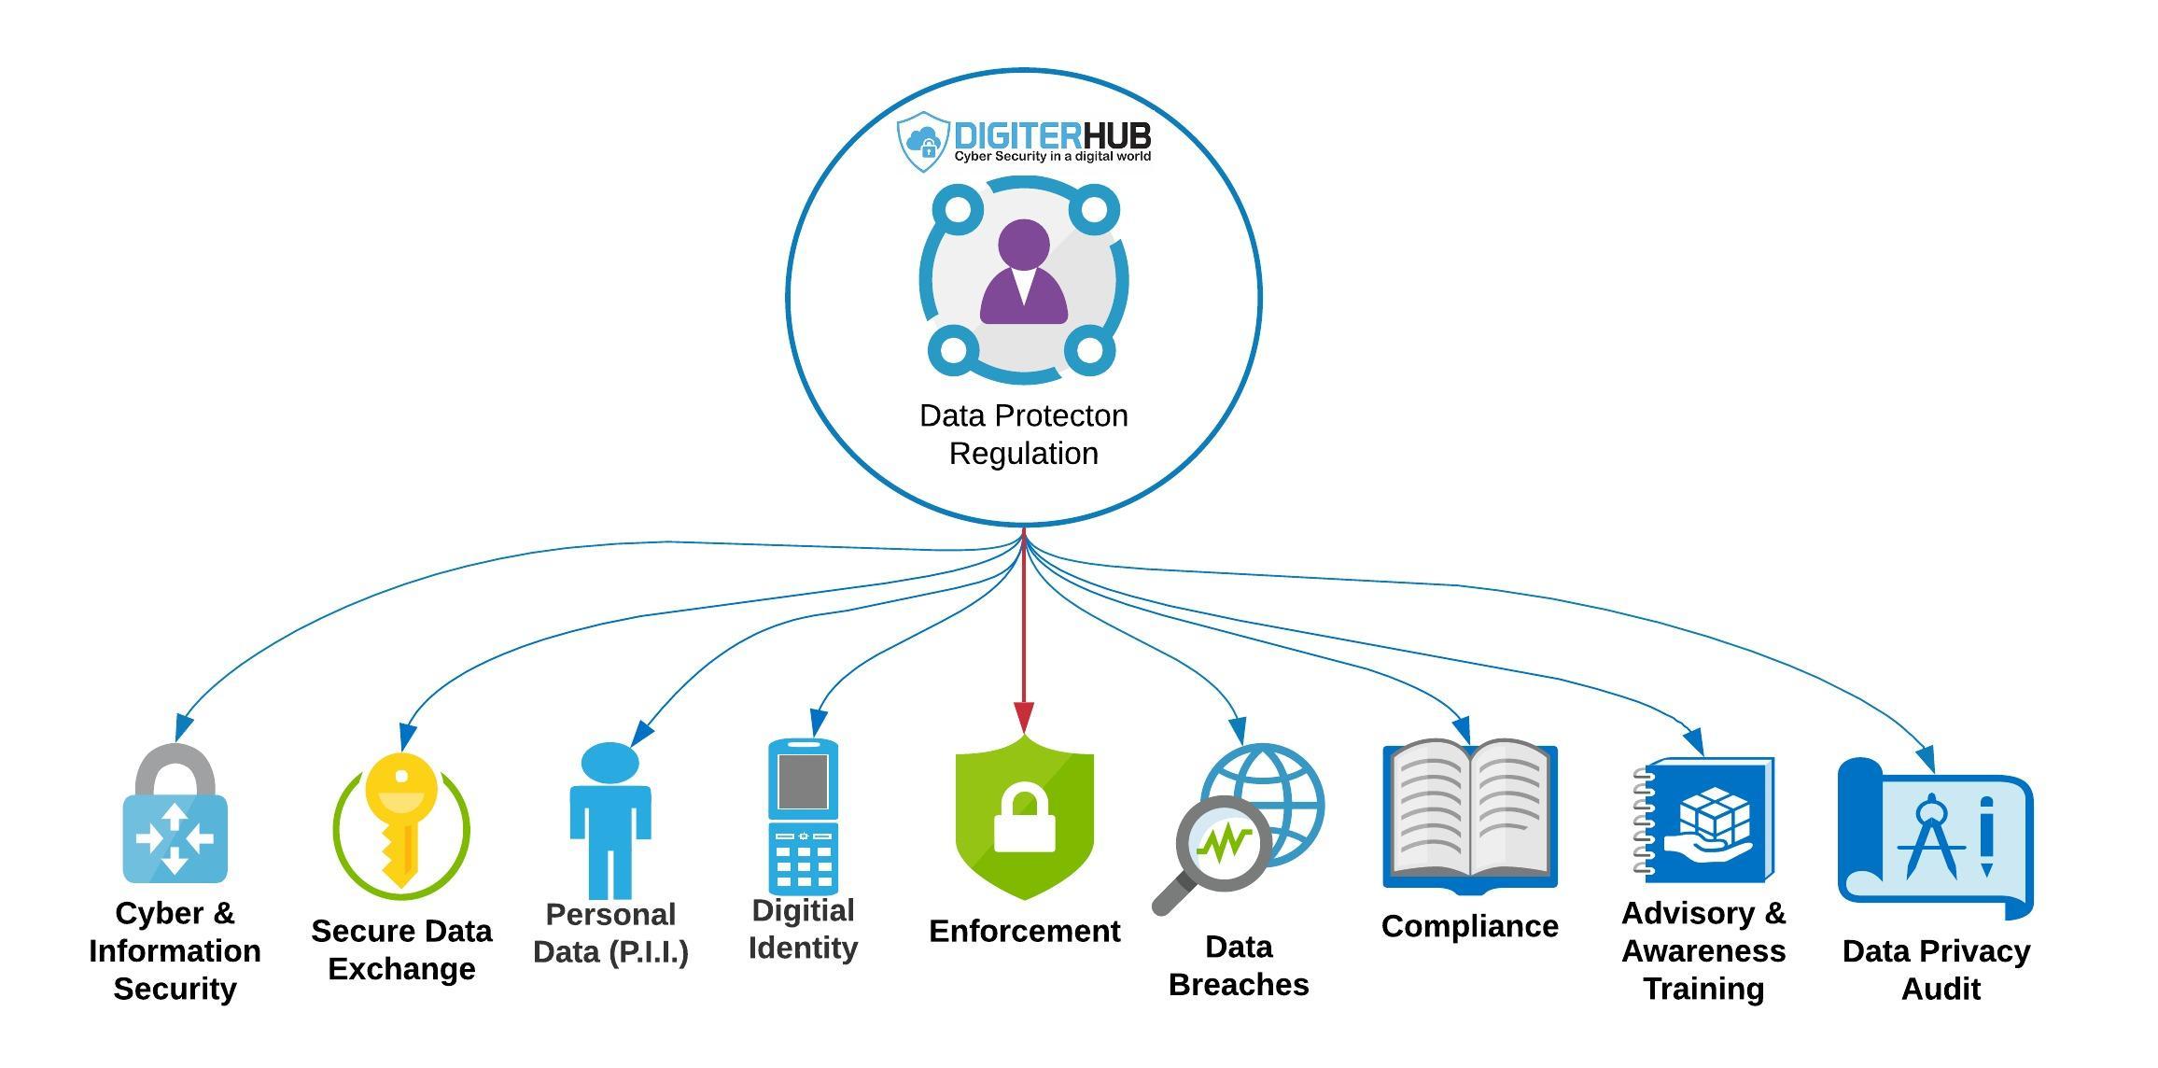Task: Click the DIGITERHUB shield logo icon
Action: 922,142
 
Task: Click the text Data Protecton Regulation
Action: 1024,434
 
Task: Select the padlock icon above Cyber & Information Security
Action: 175,817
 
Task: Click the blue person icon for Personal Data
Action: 610,820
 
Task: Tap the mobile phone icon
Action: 803,816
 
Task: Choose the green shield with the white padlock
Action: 1024,818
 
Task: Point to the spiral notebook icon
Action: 1704,821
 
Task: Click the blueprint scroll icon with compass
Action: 1936,836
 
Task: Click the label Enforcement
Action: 1024,931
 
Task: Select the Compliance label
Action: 1470,926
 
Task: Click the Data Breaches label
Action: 1239,965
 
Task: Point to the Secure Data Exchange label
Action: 401,949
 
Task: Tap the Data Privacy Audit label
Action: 1937,969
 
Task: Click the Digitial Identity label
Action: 803,929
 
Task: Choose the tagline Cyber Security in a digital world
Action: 1052,157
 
